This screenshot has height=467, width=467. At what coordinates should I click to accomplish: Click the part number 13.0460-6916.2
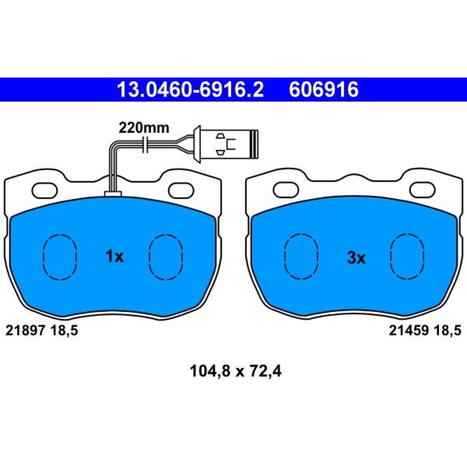(191, 89)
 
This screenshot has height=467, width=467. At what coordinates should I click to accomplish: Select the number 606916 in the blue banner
(324, 89)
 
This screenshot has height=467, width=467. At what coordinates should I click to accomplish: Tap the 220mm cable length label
(144, 128)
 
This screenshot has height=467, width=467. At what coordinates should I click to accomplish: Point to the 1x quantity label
(114, 256)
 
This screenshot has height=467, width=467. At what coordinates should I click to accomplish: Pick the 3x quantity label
(356, 258)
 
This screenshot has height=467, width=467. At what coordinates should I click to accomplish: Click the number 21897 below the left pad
(25, 330)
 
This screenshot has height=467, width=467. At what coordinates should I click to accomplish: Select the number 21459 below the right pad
(409, 330)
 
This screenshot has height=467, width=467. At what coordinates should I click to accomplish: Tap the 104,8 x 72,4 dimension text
(235, 371)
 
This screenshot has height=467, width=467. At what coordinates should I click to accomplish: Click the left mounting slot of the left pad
(45, 191)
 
